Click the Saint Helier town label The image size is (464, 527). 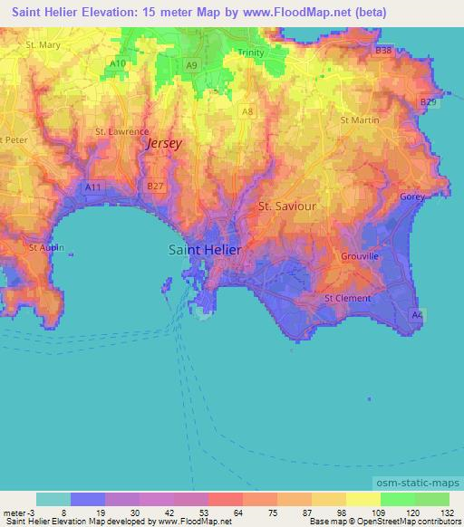pos(206,251)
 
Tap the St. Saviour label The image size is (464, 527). pos(287,206)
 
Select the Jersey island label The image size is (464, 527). pos(164,143)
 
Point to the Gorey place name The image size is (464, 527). pos(412,196)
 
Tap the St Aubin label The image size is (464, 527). pos(44,246)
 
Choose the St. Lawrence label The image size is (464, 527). pos(121,131)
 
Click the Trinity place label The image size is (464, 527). pos(251,53)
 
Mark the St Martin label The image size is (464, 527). pos(357,120)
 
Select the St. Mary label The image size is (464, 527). pos(43,43)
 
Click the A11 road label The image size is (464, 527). pos(92,187)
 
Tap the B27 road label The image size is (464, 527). pos(155,186)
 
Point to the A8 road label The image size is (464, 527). pos(247,110)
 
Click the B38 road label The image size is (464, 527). pos(383,51)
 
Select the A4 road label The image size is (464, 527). pos(416,314)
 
